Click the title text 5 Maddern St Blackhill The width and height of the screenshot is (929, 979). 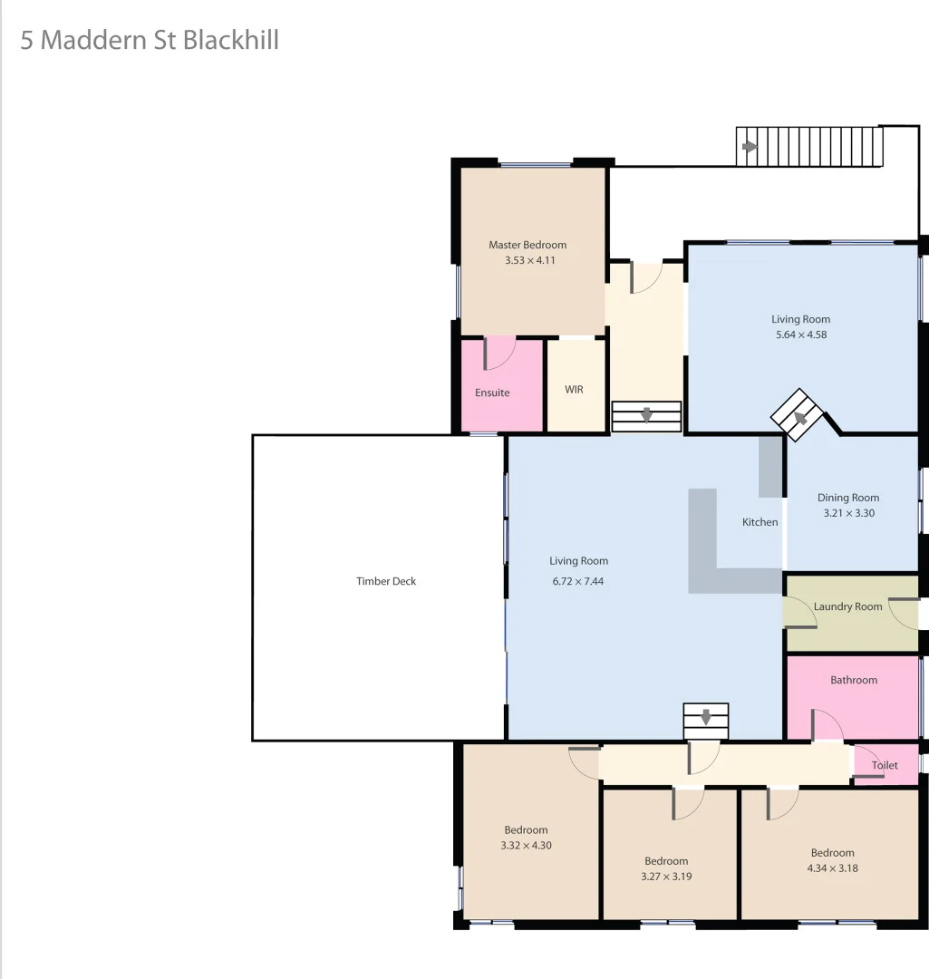tap(150, 41)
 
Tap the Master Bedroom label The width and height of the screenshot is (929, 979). tap(527, 245)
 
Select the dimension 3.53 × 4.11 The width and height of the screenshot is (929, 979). tap(529, 260)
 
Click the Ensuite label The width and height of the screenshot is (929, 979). tap(492, 393)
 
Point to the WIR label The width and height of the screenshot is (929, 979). tap(574, 390)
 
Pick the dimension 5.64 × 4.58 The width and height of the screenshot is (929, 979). tap(800, 334)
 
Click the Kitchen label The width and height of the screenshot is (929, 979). tap(760, 522)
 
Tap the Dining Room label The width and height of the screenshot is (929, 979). tap(848, 498)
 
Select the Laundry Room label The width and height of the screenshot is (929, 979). tap(847, 606)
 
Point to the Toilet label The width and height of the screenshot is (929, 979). tap(885, 765)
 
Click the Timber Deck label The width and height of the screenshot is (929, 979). tap(386, 581)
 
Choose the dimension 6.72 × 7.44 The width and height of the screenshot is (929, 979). tap(578, 581)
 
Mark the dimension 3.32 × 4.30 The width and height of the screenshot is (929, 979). tap(526, 846)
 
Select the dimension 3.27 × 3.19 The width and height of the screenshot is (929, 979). tap(666, 877)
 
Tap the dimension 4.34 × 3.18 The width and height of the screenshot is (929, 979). tap(832, 868)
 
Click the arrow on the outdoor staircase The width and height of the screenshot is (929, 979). tap(749, 147)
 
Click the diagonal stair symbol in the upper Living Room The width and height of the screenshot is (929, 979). tap(799, 415)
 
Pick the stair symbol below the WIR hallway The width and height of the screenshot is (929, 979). tap(646, 416)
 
